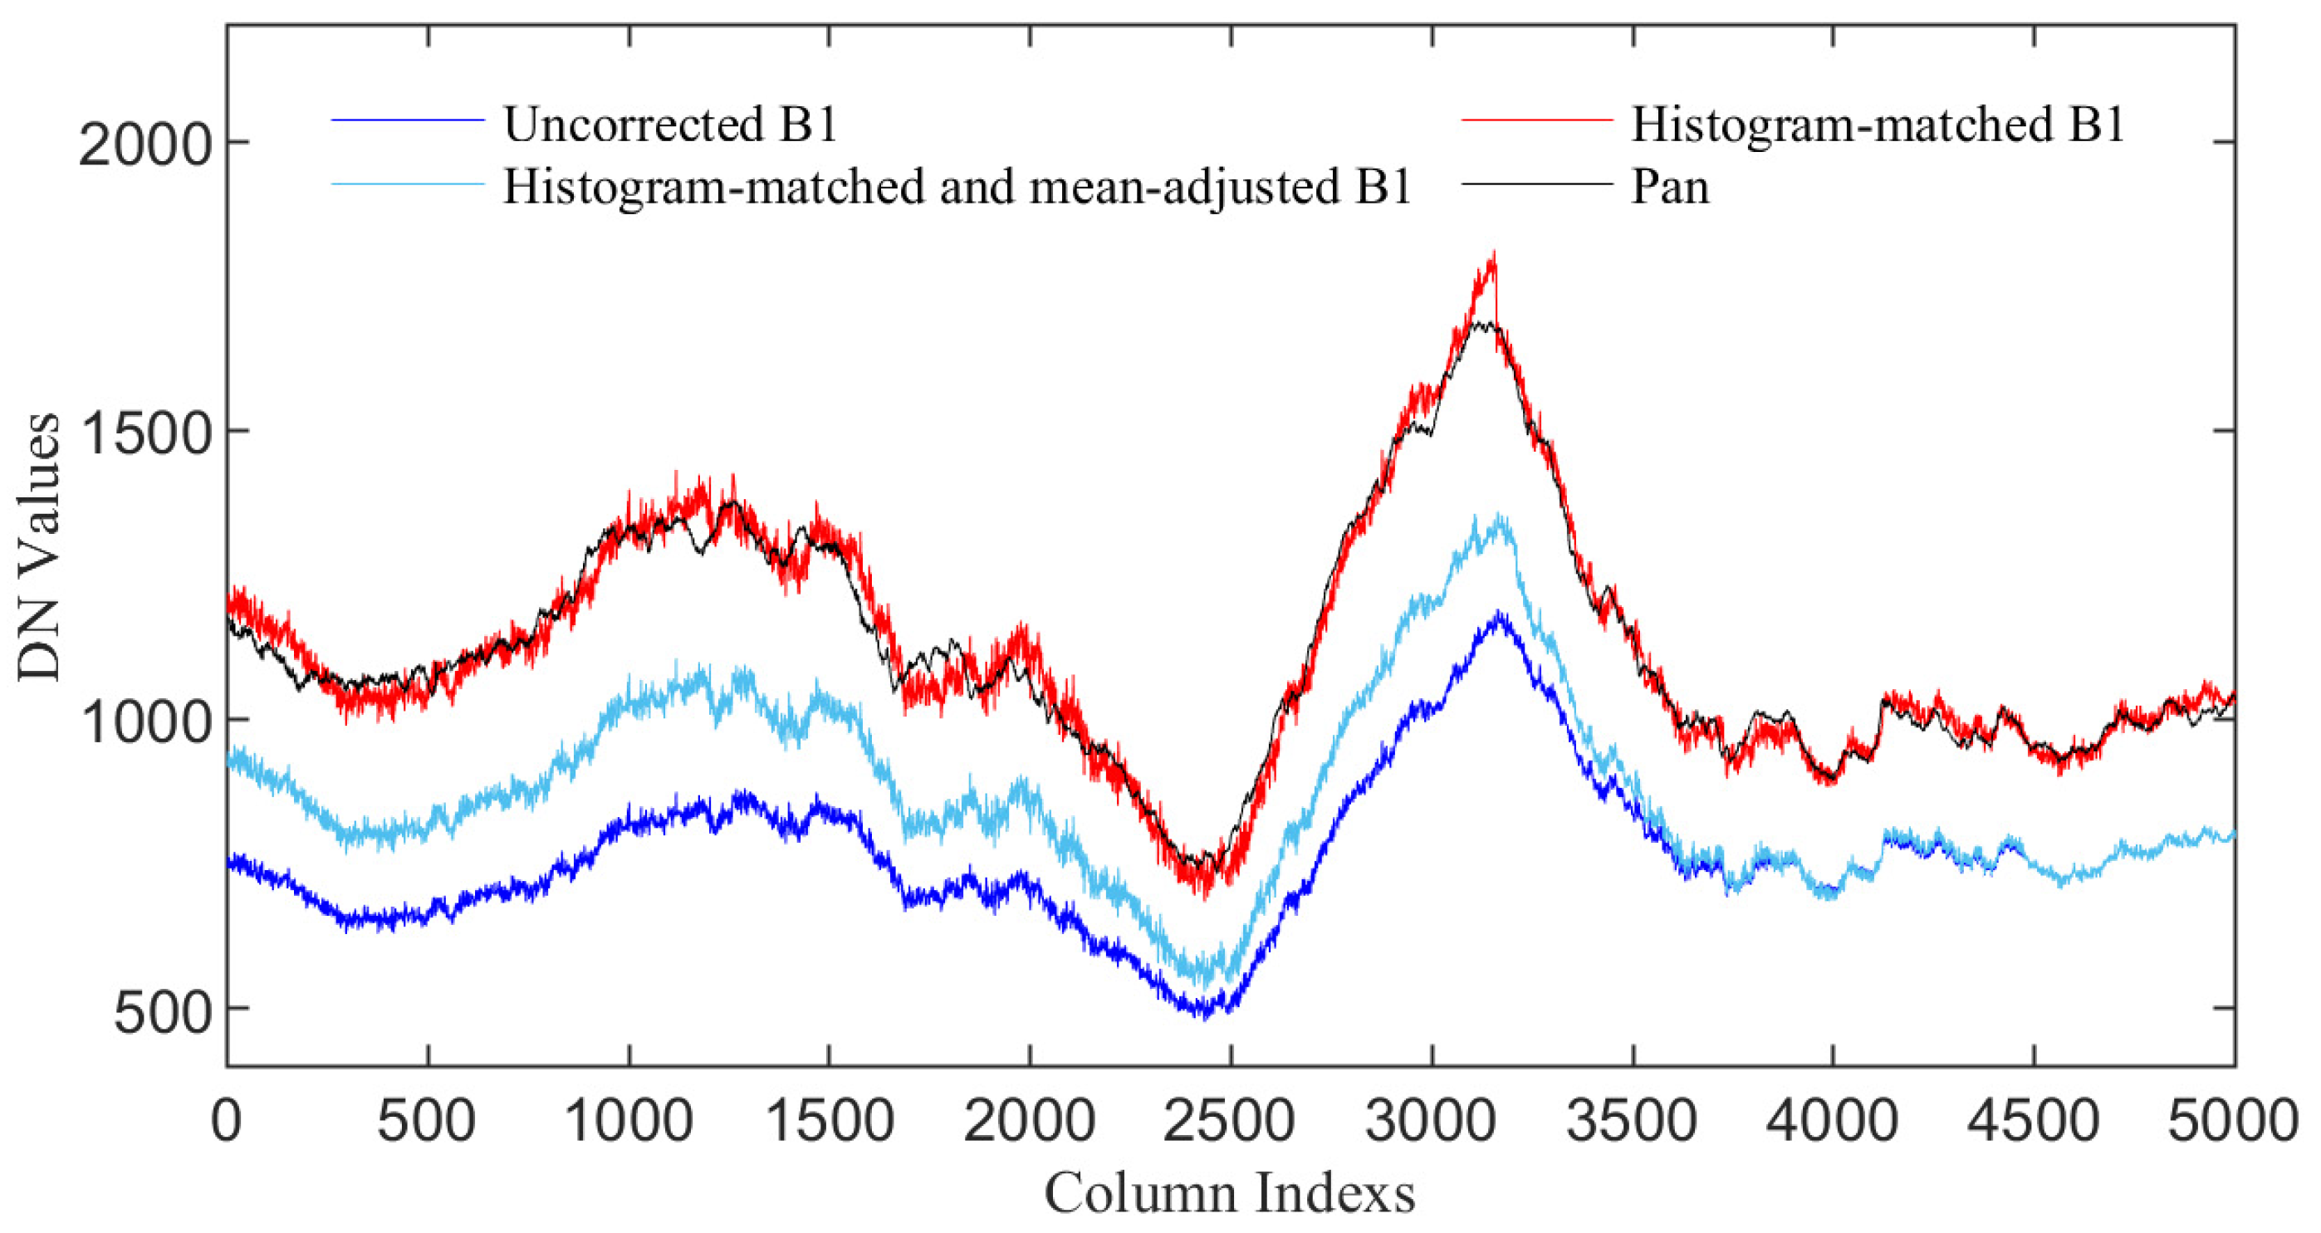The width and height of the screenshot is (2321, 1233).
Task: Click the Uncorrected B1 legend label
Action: pyautogui.click(x=670, y=125)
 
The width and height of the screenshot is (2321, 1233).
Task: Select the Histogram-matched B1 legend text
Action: pyautogui.click(x=1878, y=125)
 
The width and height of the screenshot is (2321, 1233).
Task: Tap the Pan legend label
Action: pyautogui.click(x=1670, y=188)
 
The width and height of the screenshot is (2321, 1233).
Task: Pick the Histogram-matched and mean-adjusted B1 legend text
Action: pyautogui.click(x=956, y=188)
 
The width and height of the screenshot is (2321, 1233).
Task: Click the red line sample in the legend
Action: pyautogui.click(x=1536, y=120)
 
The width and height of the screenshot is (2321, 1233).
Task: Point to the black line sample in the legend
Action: pyautogui.click(x=1536, y=183)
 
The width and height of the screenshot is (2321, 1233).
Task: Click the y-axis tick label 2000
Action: pyautogui.click(x=144, y=144)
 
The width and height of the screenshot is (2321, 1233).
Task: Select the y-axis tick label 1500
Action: pyautogui.click(x=144, y=433)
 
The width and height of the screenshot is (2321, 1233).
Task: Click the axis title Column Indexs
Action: pyautogui.click(x=1230, y=1194)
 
